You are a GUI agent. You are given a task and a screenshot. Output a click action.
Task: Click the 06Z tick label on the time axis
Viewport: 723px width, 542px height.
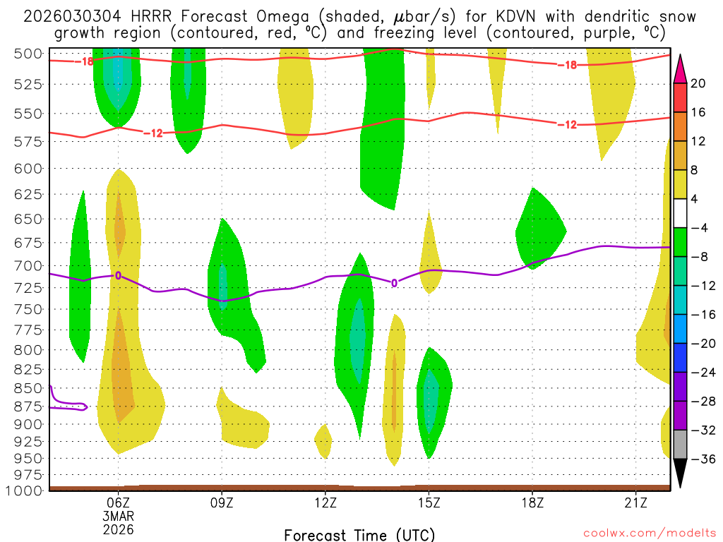(x=118, y=502)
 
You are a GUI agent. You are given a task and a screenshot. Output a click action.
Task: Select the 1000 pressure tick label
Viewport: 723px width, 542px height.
(x=26, y=490)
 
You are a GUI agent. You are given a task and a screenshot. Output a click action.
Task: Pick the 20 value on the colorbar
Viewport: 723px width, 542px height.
(x=698, y=83)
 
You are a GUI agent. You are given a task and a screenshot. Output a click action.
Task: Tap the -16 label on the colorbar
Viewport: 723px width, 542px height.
(x=698, y=315)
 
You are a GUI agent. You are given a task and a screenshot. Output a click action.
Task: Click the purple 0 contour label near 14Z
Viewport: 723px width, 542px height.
(x=394, y=283)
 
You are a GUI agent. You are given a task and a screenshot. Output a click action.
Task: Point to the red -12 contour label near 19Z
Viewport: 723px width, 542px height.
(x=567, y=125)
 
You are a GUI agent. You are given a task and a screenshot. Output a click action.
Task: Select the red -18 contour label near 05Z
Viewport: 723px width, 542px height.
(x=85, y=61)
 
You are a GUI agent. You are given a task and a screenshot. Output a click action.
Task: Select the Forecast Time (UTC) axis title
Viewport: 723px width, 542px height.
(x=359, y=534)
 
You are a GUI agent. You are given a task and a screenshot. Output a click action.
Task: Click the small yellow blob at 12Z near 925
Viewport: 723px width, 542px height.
(x=323, y=441)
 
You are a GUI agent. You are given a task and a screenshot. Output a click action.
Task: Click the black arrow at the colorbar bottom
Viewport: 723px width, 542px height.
(x=681, y=474)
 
